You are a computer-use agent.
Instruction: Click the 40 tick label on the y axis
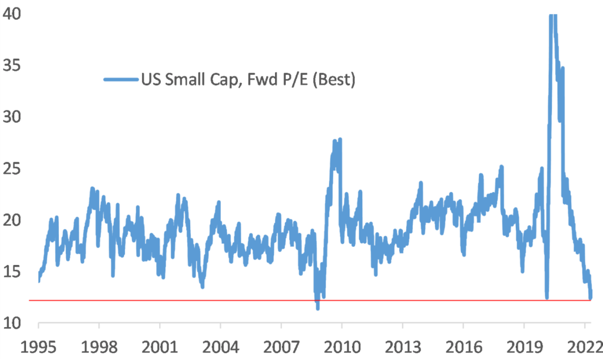click(x=13, y=14)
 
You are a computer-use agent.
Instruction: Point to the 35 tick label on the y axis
click(x=13, y=65)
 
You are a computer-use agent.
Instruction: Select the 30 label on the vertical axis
click(x=13, y=117)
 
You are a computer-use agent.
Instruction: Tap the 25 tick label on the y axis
click(x=13, y=169)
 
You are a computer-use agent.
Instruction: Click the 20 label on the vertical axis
click(x=13, y=220)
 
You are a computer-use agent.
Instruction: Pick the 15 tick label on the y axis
click(x=13, y=272)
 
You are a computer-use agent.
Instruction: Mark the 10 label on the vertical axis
click(x=13, y=323)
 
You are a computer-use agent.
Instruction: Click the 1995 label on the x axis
click(x=39, y=347)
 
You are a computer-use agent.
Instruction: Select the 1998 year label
click(x=99, y=347)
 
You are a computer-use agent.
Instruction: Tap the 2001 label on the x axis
click(x=160, y=347)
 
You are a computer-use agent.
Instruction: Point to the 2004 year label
click(x=220, y=347)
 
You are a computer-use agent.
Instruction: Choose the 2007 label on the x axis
click(x=281, y=347)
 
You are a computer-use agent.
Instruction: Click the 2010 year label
click(x=342, y=347)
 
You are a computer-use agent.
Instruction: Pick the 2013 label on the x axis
click(x=402, y=347)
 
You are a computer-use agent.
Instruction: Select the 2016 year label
click(x=463, y=347)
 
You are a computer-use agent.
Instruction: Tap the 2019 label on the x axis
click(x=524, y=347)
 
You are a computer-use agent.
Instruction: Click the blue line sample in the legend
click(x=120, y=80)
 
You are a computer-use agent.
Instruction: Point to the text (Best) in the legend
click(x=332, y=80)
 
